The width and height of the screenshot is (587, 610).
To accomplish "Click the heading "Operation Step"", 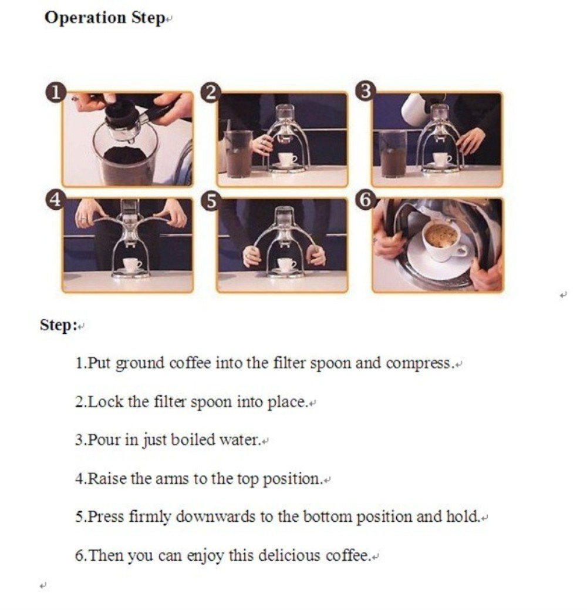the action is pos(104,18).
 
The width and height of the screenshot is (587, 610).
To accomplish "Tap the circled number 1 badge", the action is pos(56,93).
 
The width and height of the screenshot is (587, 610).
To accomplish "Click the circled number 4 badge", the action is pos(56,200).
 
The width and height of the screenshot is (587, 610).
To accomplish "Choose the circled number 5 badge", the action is pos(211,202).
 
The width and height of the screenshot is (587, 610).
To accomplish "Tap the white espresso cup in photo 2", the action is pos(288,159).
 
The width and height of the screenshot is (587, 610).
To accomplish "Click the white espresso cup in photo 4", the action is pos(132,265).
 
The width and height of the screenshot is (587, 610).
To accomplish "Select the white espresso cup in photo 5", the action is pos(286,264).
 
